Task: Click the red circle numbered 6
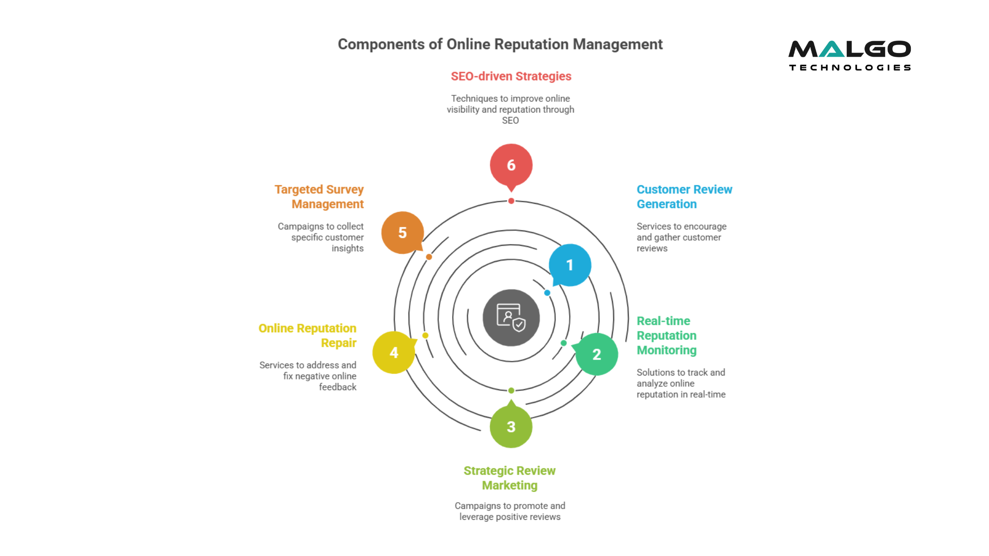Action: coord(511,165)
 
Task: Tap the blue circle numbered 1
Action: coord(570,265)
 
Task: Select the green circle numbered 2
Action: coord(596,354)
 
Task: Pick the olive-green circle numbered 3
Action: coord(511,427)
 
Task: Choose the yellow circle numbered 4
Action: coord(394,353)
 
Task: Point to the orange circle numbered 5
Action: coord(402,233)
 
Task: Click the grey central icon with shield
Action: coord(511,318)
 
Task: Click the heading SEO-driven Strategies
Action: coord(511,76)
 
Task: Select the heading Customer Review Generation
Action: coord(684,197)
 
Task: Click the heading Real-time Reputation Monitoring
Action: coord(666,335)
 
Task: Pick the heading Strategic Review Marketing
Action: coord(510,478)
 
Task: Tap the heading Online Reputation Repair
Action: coord(308,335)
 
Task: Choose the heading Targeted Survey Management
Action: coord(319,197)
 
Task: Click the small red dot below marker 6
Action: coord(511,201)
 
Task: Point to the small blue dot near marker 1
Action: coord(547,293)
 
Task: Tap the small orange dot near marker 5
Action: coord(429,257)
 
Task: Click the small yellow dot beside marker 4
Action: coord(425,335)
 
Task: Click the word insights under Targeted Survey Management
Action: coord(347,248)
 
